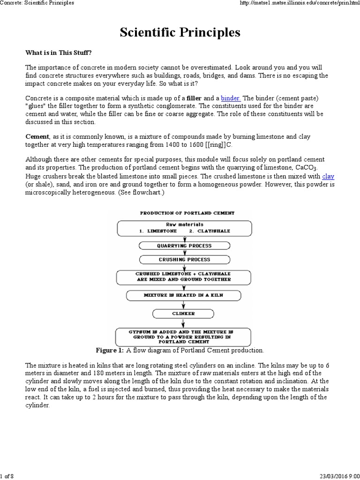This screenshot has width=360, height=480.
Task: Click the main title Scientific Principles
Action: click(180, 32)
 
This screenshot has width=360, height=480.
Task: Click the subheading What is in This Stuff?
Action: click(62, 52)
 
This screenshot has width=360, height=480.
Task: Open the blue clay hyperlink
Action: click(328, 176)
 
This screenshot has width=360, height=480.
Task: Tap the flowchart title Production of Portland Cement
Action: click(187, 213)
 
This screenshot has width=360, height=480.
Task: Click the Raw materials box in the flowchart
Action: click(184, 228)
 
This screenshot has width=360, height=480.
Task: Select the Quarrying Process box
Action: click(184, 246)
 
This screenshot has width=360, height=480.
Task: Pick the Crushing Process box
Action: click(184, 259)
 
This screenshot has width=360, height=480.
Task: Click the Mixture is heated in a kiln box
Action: click(184, 296)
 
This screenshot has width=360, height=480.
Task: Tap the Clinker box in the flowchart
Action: click(183, 313)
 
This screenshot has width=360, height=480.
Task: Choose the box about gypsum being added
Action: click(183, 337)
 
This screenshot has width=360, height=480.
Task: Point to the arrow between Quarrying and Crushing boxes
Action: click(184, 252)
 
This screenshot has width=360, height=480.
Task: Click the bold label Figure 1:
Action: click(110, 350)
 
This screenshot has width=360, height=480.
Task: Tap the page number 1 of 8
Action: click(7, 476)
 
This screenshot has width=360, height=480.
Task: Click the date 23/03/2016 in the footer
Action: click(330, 476)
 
